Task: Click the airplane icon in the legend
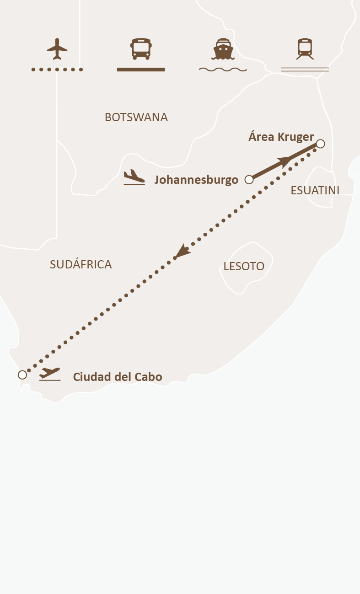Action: pyautogui.click(x=57, y=49)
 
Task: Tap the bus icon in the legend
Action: pyautogui.click(x=140, y=49)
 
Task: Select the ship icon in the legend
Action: pyautogui.click(x=223, y=49)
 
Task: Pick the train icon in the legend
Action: pyautogui.click(x=305, y=49)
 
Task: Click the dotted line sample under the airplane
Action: pyautogui.click(x=57, y=70)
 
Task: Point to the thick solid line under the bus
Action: pyautogui.click(x=140, y=70)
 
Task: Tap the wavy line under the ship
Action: pyautogui.click(x=223, y=70)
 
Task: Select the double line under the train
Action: pyautogui.click(x=305, y=70)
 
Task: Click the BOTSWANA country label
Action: pyautogui.click(x=136, y=118)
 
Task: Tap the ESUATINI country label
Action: pyautogui.click(x=315, y=191)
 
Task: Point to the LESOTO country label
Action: pyautogui.click(x=244, y=266)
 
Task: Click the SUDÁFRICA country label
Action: pyautogui.click(x=81, y=264)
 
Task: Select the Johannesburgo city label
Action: pyautogui.click(x=196, y=180)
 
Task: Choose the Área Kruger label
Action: pyautogui.click(x=281, y=137)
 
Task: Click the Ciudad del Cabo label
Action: pyautogui.click(x=118, y=377)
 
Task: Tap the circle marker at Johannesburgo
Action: pyautogui.click(x=249, y=180)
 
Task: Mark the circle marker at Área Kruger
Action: pyautogui.click(x=320, y=144)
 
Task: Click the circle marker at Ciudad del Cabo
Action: pyautogui.click(x=22, y=375)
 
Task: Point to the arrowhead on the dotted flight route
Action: pyautogui.click(x=182, y=252)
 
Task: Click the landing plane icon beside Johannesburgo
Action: pyautogui.click(x=134, y=177)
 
